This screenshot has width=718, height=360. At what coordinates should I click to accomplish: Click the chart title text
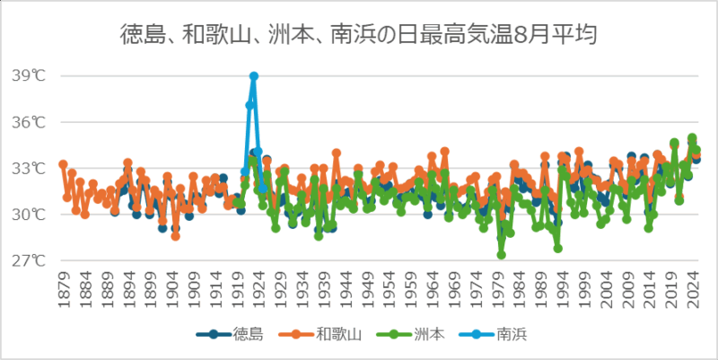point(359,35)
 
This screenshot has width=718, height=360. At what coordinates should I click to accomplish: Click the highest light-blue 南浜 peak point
point(254,76)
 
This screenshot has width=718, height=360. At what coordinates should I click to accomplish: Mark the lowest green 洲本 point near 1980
point(502,255)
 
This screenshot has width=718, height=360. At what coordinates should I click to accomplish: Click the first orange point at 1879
point(63,164)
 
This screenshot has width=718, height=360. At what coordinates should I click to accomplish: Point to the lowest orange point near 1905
point(176,237)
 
